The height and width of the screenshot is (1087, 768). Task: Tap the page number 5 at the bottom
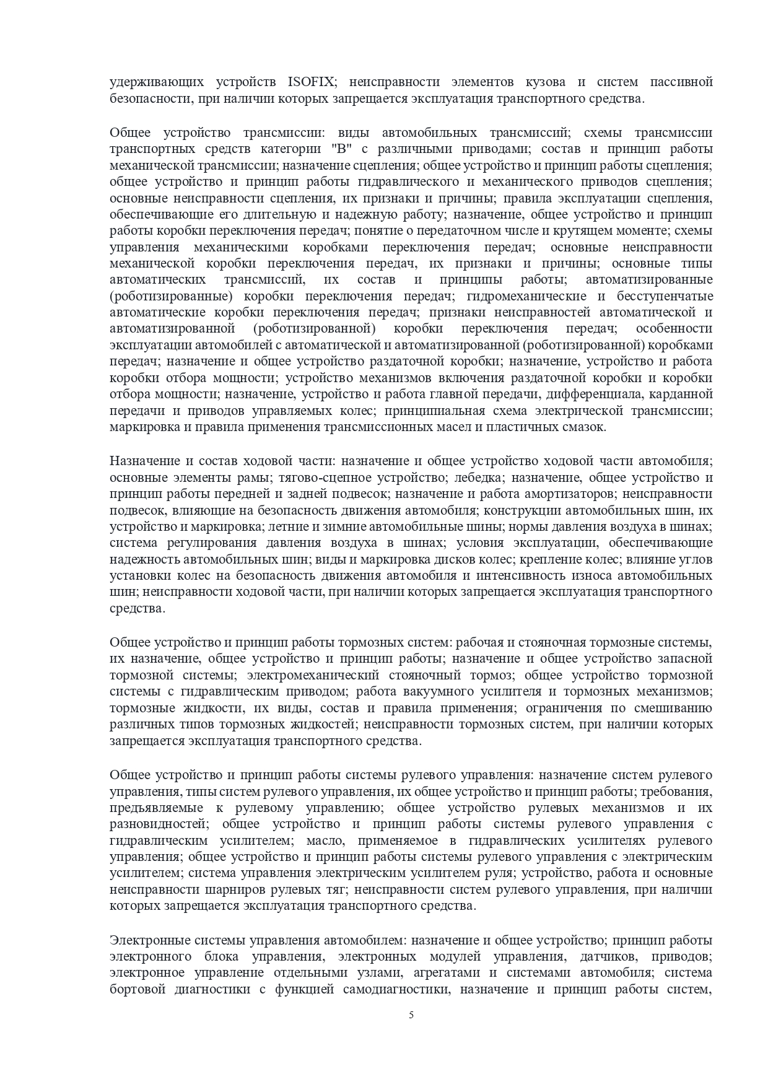411,1032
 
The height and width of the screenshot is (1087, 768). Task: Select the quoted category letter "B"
331,149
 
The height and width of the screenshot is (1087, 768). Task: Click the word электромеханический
316,674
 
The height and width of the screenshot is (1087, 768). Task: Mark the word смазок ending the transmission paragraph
583,427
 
